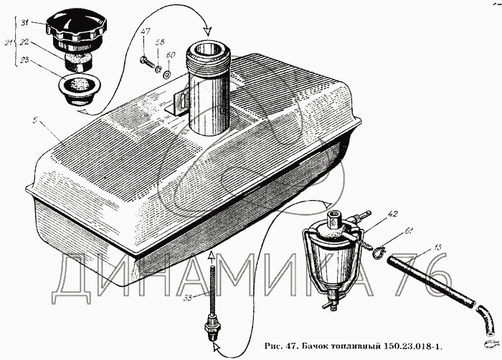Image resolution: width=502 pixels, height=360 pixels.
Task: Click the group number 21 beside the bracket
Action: coord(8,44)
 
